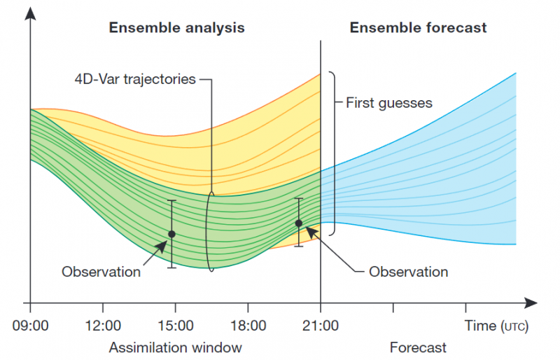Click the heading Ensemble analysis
point(176,28)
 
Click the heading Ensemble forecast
point(418,28)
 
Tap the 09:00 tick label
point(30,326)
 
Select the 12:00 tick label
point(103,326)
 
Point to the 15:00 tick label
point(175,326)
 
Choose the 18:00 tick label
point(248,326)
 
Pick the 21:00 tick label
point(321,326)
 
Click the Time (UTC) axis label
point(497,326)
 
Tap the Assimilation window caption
point(175,347)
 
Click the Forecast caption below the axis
point(418,347)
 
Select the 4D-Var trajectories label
point(135,79)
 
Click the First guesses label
point(389,103)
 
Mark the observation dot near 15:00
point(171,234)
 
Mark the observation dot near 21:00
point(299,223)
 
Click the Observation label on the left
point(101,272)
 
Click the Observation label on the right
point(408,272)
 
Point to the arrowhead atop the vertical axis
point(30,11)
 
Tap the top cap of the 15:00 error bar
point(171,201)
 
